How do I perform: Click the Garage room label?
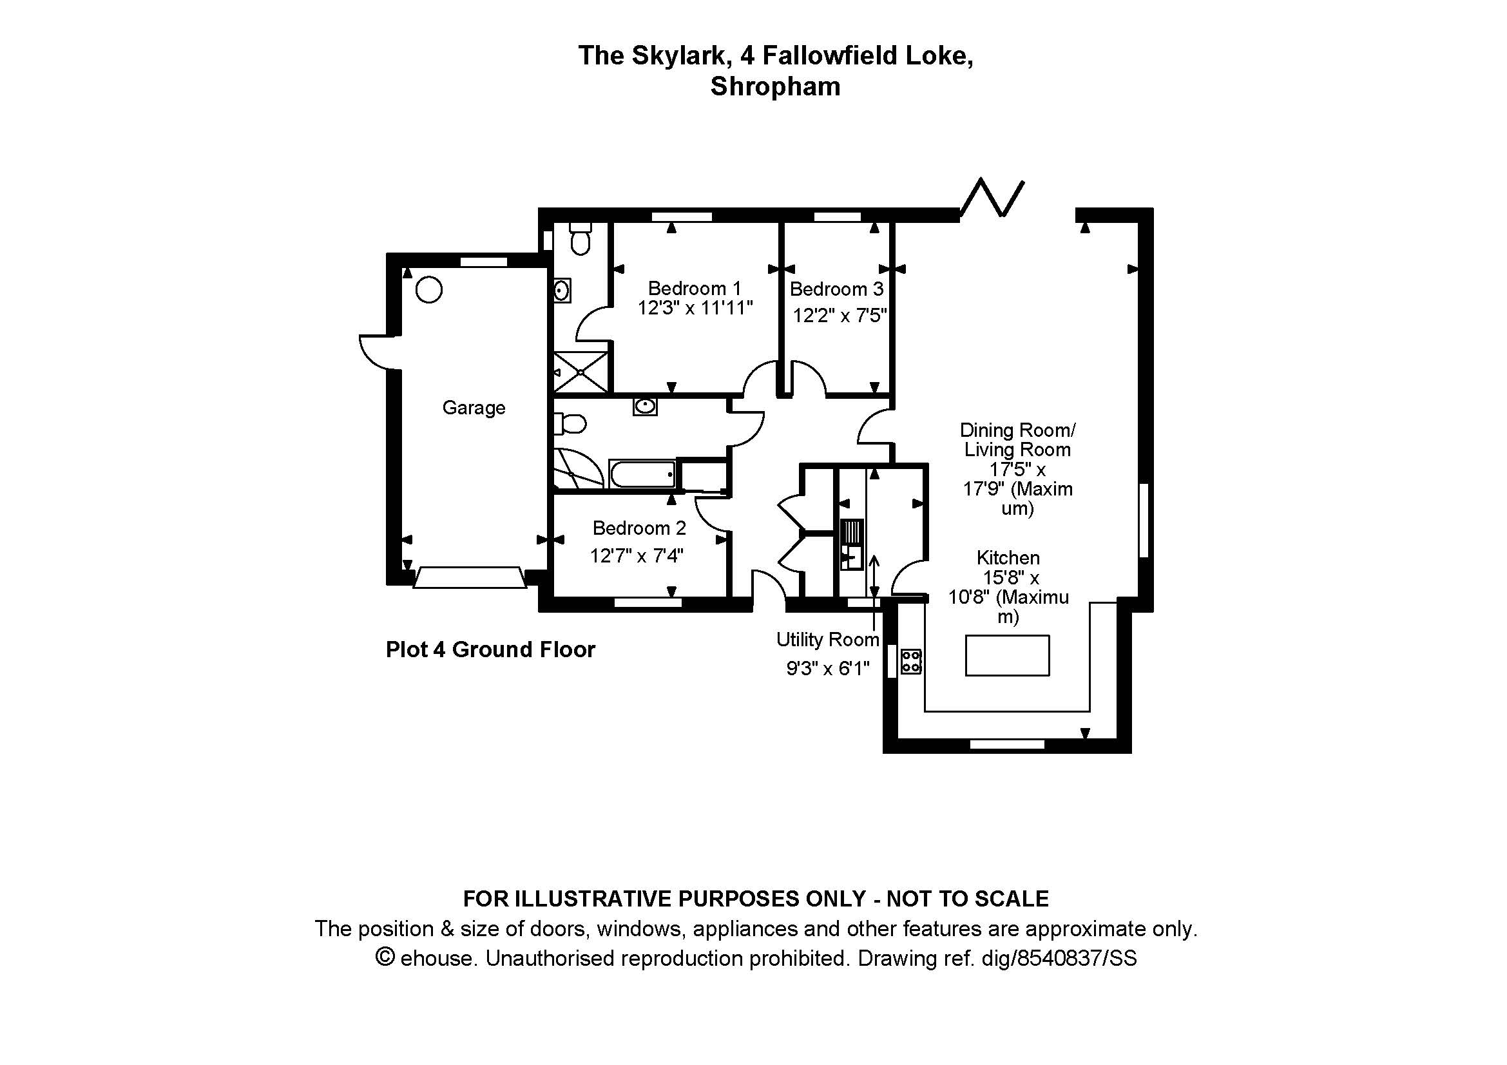click(474, 407)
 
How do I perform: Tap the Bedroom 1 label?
click(695, 288)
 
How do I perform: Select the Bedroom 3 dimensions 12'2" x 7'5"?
click(840, 316)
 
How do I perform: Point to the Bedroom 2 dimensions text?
click(636, 556)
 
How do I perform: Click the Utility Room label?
click(827, 639)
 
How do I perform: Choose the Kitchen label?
click(1008, 558)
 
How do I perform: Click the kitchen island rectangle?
click(1007, 655)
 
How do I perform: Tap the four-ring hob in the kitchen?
click(911, 662)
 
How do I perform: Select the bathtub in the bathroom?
click(642, 474)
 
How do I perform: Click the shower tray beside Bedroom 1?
click(581, 372)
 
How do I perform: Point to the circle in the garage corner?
click(428, 290)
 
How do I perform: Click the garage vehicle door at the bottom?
click(469, 577)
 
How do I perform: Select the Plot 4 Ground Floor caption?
click(490, 649)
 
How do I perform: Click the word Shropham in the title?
click(775, 86)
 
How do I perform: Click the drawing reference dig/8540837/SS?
click(1059, 959)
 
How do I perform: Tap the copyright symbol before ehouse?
click(385, 957)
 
